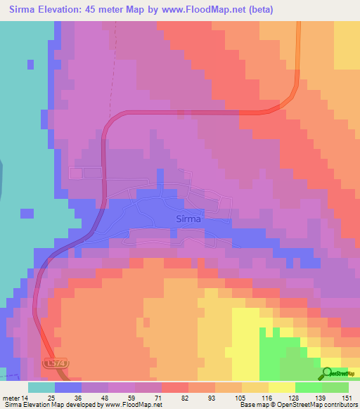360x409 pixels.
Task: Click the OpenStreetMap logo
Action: (340, 373)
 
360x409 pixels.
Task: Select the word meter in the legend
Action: (13, 398)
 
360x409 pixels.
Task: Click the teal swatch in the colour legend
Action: (41, 387)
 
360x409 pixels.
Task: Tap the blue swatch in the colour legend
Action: (68, 387)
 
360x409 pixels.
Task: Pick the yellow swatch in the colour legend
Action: (282, 387)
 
